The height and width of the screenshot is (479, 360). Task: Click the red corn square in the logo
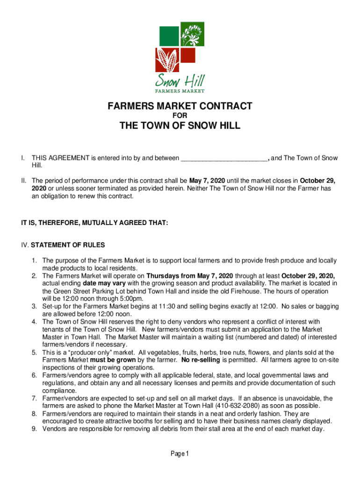167,59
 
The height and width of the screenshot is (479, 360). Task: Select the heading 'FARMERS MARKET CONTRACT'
180,106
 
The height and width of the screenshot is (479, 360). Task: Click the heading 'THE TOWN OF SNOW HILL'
180,126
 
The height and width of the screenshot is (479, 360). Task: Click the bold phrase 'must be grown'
116,360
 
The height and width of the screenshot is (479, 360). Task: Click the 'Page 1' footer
180,454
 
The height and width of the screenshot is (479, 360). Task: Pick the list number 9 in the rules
35,428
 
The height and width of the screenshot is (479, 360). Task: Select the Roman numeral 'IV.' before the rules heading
24,245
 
